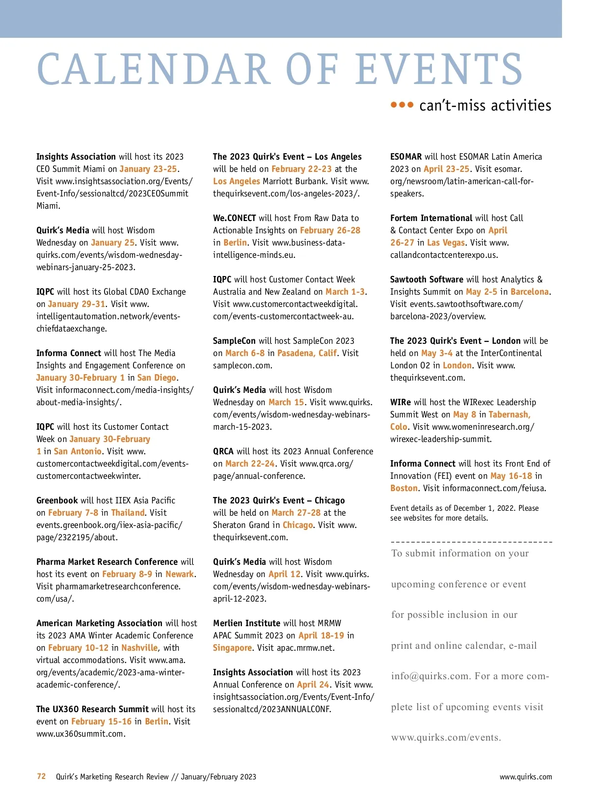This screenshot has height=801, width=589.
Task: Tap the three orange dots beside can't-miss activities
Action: [x=402, y=105]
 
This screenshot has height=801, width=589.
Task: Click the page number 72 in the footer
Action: [x=41, y=776]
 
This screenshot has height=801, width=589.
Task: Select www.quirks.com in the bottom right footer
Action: [x=525, y=777]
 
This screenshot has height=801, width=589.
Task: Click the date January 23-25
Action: [x=148, y=169]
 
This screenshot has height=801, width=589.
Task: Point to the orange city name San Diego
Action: [x=157, y=378]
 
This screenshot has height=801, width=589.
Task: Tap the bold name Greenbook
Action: [x=57, y=500]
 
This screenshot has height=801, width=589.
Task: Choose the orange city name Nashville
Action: [x=139, y=648]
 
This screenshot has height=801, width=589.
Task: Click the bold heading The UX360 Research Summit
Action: [x=92, y=709]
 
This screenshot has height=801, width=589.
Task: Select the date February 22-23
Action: [x=301, y=169]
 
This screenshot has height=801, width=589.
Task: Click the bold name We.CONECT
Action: [x=234, y=218]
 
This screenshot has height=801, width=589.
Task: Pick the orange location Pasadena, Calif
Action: [x=307, y=353]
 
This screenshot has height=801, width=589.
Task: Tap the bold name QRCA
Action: [x=223, y=451]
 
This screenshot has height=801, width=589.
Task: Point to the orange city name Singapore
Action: [x=232, y=648]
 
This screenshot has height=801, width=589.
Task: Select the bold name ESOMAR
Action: [x=406, y=157]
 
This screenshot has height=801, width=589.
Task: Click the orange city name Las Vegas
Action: [x=446, y=243]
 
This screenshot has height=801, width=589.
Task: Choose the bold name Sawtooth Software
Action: [x=427, y=279]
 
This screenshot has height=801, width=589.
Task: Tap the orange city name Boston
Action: [x=403, y=488]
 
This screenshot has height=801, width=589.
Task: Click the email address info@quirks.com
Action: [x=430, y=676]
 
